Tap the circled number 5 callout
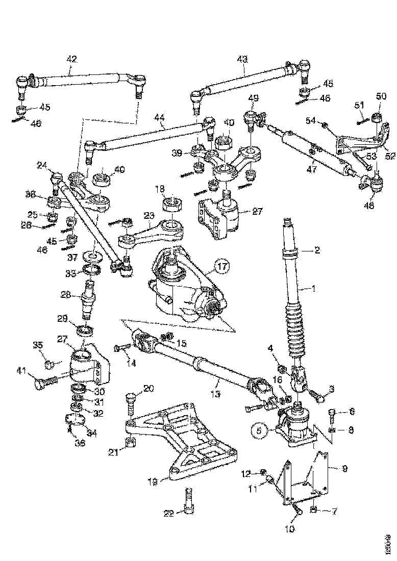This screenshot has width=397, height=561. coord(259,430)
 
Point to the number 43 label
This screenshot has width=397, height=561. coord(242,59)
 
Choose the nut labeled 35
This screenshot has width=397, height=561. coord(49,364)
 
